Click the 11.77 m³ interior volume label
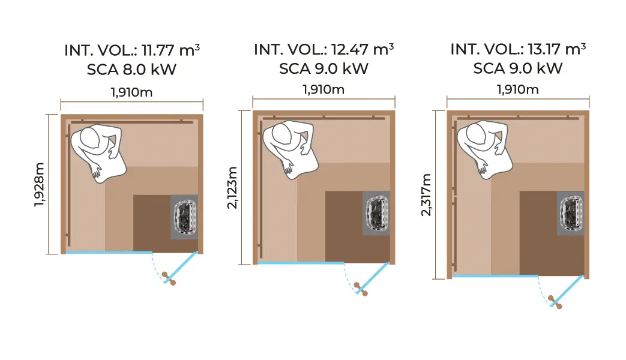[x=132, y=50]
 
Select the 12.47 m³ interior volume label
[x=324, y=49]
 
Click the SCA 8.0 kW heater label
[x=132, y=69]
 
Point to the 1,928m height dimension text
[x=40, y=184]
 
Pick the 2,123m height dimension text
[x=233, y=188]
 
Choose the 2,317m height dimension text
[x=427, y=195]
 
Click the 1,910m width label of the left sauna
[x=132, y=92]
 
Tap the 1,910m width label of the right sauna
[x=518, y=90]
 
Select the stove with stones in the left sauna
[x=185, y=217]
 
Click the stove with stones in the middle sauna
[x=376, y=213]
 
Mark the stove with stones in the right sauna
[x=570, y=213]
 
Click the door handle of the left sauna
[x=170, y=279]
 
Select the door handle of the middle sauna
[x=361, y=289]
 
